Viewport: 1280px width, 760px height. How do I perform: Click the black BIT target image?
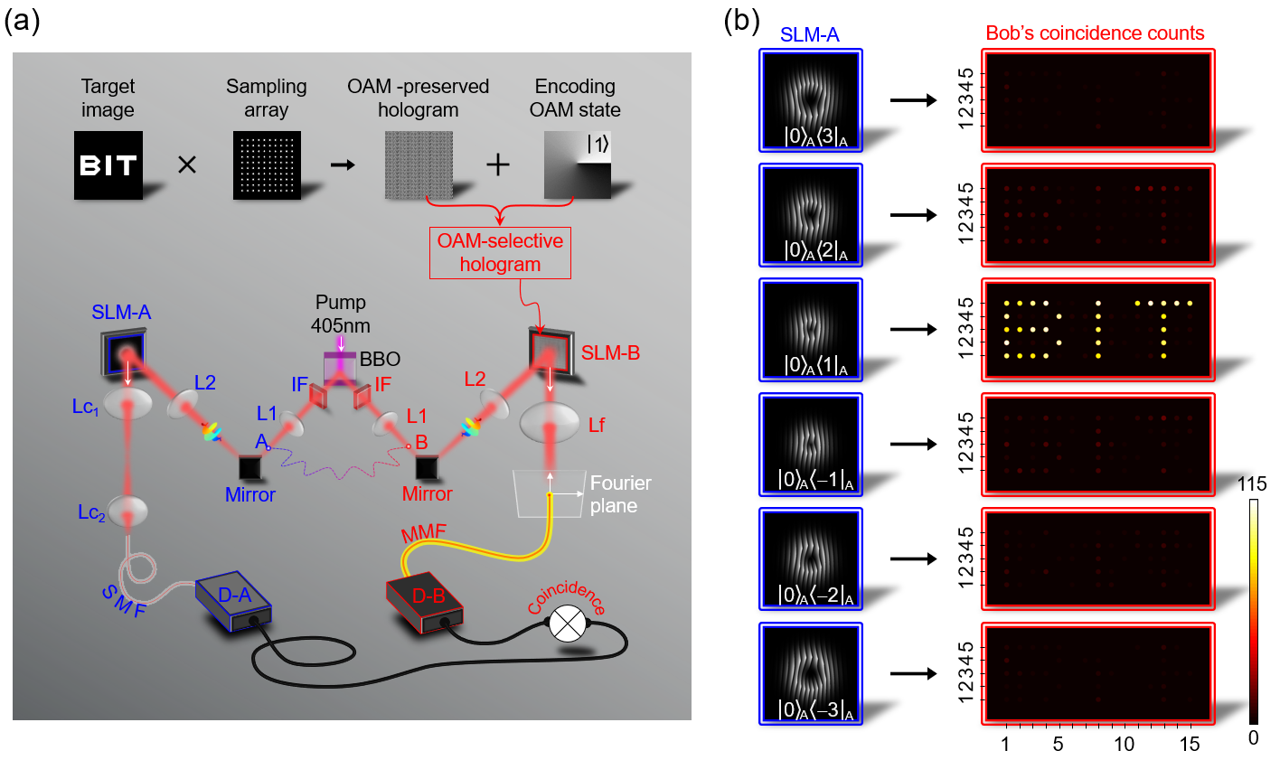coord(108,165)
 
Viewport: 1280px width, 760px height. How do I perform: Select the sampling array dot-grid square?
coord(267,165)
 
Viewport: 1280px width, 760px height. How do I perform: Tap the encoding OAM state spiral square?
coord(578,165)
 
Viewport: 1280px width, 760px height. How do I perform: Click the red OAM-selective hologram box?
coord(500,253)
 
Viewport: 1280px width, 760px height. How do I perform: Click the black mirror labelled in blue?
coord(249,467)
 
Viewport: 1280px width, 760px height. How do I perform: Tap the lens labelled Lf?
coord(551,422)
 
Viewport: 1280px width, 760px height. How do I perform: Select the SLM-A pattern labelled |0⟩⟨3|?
coord(812,100)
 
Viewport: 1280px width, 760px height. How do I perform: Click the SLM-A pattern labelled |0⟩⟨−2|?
coord(812,558)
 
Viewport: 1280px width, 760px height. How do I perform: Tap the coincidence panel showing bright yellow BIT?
coord(1097,329)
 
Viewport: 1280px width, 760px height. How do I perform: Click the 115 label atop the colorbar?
coord(1252,484)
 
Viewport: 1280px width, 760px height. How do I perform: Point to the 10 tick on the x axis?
coord(1124,744)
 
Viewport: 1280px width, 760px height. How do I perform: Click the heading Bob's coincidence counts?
coord(1095,33)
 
